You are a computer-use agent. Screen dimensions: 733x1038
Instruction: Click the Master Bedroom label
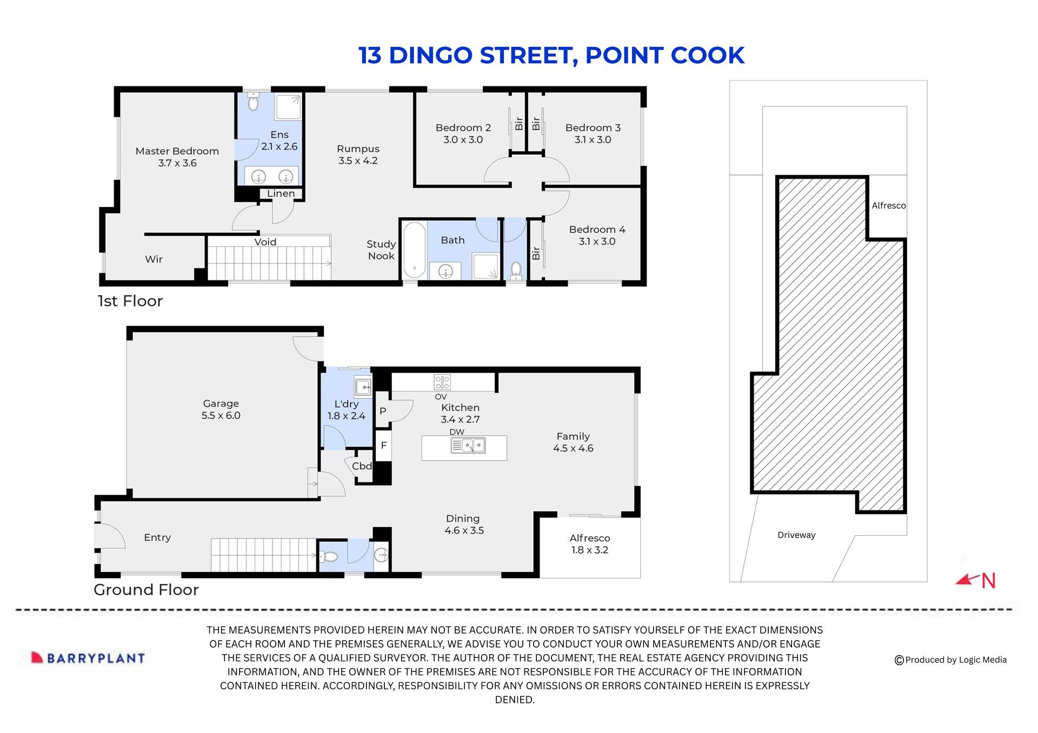pyautogui.click(x=177, y=151)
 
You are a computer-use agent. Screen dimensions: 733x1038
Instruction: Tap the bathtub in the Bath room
pyautogui.click(x=415, y=250)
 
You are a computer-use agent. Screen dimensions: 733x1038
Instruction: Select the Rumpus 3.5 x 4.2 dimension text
pyautogui.click(x=357, y=161)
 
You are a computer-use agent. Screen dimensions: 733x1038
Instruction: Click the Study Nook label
pyautogui.click(x=381, y=250)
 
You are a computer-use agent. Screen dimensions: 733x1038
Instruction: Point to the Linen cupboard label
pyautogui.click(x=281, y=193)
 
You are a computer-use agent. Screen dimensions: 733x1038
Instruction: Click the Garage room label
pyautogui.click(x=221, y=404)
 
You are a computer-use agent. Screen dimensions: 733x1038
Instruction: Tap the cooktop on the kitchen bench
pyautogui.click(x=442, y=382)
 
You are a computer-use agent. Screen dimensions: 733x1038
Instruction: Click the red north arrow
pyautogui.click(x=968, y=580)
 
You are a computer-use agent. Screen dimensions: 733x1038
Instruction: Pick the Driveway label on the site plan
pyautogui.click(x=796, y=535)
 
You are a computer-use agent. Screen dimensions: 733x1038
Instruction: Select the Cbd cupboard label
pyautogui.click(x=362, y=466)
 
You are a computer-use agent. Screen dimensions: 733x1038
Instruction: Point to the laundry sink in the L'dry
pyautogui.click(x=363, y=387)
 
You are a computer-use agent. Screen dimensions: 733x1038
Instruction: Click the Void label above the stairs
pyautogui.click(x=265, y=242)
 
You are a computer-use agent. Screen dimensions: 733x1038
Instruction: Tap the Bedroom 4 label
pyautogui.click(x=597, y=230)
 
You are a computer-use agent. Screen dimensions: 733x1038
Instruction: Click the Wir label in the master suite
pyautogui.click(x=154, y=259)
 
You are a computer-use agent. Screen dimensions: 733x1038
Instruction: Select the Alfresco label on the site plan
pyautogui.click(x=888, y=205)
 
